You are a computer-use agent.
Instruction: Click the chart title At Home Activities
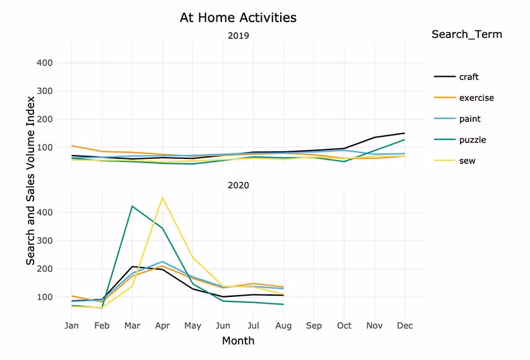[x=238, y=18]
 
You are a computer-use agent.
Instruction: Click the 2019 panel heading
[x=238, y=36]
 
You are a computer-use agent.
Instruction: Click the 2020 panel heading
[x=238, y=185]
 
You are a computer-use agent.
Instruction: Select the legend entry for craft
[x=468, y=77]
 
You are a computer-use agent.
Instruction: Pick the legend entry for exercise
[x=476, y=98]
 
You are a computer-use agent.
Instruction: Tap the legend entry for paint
[x=469, y=119]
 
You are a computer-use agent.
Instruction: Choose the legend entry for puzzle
[x=472, y=140]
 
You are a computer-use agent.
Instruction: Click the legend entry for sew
[x=467, y=161]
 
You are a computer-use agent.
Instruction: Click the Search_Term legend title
[x=466, y=35]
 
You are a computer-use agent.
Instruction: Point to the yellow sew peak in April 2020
[x=163, y=197]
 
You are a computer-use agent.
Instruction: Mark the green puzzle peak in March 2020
[x=132, y=206]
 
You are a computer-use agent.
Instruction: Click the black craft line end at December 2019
[x=404, y=133]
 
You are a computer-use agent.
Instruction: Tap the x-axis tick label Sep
[x=314, y=326]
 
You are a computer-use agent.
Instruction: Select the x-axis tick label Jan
[x=72, y=326]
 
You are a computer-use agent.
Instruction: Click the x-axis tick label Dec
[x=404, y=326]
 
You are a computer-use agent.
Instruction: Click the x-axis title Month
[x=238, y=341]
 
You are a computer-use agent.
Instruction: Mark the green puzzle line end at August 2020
[x=283, y=305]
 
